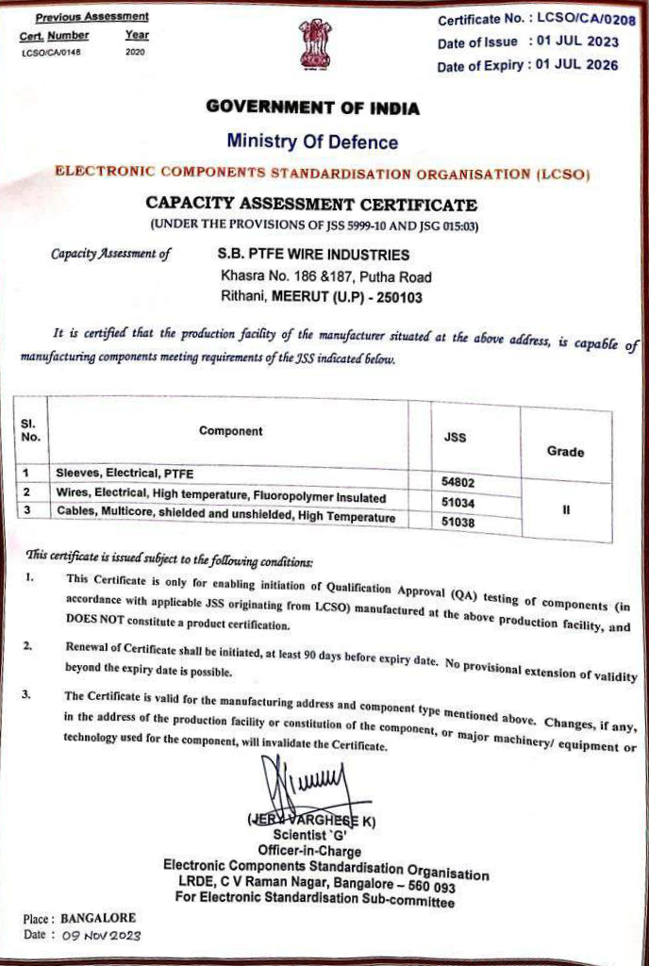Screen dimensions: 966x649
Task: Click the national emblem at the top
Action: tap(316, 44)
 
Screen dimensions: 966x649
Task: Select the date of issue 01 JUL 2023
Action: tap(578, 42)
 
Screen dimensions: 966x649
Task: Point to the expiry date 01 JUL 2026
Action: tap(577, 65)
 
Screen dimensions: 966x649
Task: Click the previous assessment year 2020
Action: tap(135, 52)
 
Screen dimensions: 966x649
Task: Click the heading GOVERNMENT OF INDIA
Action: tap(312, 108)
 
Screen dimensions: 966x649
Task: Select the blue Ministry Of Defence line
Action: tap(312, 142)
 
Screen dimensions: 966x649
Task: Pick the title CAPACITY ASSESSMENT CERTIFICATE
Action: tap(311, 205)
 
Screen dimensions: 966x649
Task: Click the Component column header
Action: tap(231, 431)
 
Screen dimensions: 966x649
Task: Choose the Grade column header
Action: tap(565, 452)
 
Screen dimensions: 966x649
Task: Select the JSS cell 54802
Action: tap(458, 482)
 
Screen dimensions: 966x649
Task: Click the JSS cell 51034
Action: tap(458, 503)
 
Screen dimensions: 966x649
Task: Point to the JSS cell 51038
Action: tap(458, 522)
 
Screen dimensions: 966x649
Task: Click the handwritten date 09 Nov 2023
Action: tap(101, 936)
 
